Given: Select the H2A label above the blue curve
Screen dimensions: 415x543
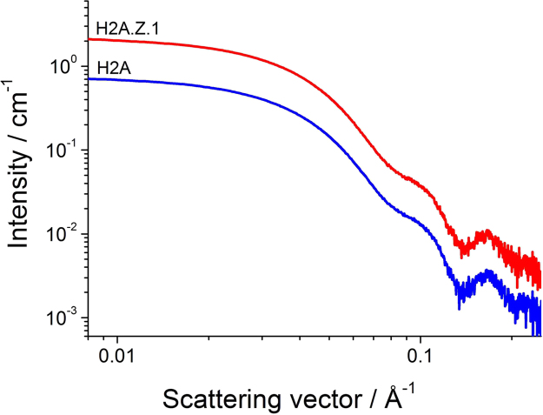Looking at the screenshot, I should tap(108, 69).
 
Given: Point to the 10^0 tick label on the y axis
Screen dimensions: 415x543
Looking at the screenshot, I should tap(65, 65).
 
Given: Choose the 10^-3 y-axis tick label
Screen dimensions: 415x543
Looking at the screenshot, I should tap(65, 318).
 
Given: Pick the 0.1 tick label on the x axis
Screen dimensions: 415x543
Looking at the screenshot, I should tap(420, 355).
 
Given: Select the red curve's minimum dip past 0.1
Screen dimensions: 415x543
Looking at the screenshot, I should tap(461, 251).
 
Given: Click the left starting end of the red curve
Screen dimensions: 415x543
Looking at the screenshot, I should tap(89, 39).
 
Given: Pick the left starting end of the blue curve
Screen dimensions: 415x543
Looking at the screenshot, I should tap(89, 79).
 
